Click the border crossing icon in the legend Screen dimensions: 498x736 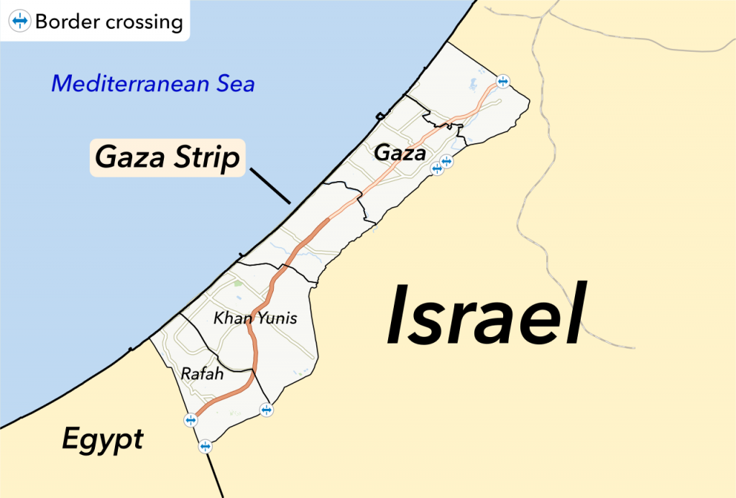tap(20, 22)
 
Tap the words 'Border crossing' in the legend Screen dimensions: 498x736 tap(109, 22)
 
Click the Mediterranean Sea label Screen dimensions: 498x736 tap(152, 84)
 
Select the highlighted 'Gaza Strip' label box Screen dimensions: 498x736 tap(167, 157)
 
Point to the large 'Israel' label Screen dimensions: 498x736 tap(487, 315)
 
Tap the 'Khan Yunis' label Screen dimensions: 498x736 tap(255, 318)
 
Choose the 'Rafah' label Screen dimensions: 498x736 tap(202, 374)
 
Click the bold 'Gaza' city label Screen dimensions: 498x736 tap(400, 153)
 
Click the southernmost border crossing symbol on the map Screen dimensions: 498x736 tap(206, 446)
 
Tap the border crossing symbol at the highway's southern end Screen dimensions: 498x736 tap(190, 420)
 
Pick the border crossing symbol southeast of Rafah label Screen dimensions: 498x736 tap(267, 410)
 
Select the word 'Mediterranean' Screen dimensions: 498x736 tap(130, 84)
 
